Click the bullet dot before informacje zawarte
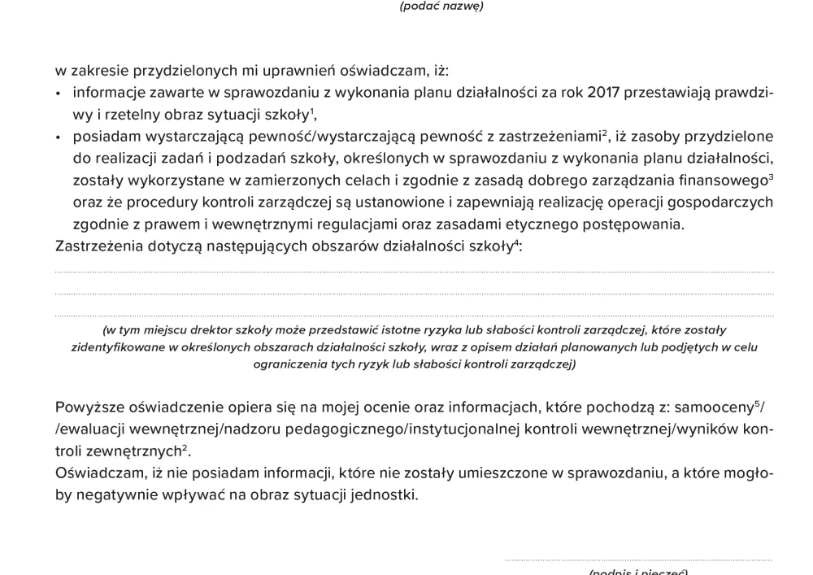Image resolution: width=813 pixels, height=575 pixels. point(59,94)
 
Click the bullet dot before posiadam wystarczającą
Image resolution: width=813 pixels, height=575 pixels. point(59,137)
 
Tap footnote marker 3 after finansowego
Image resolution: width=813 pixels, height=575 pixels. point(770,176)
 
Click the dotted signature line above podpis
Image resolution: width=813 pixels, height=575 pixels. point(638,560)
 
